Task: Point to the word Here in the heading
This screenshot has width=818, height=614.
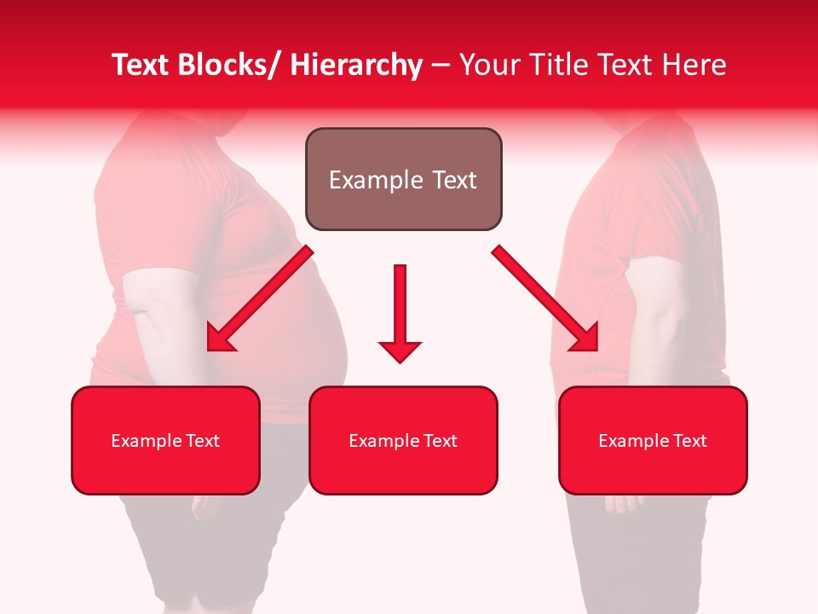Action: (690, 65)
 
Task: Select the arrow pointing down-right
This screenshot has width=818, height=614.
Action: (545, 298)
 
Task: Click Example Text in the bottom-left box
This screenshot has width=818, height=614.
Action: (165, 441)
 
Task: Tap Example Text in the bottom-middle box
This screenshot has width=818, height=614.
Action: (403, 441)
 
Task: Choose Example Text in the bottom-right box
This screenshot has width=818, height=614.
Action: (653, 441)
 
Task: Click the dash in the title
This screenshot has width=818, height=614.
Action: (441, 66)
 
